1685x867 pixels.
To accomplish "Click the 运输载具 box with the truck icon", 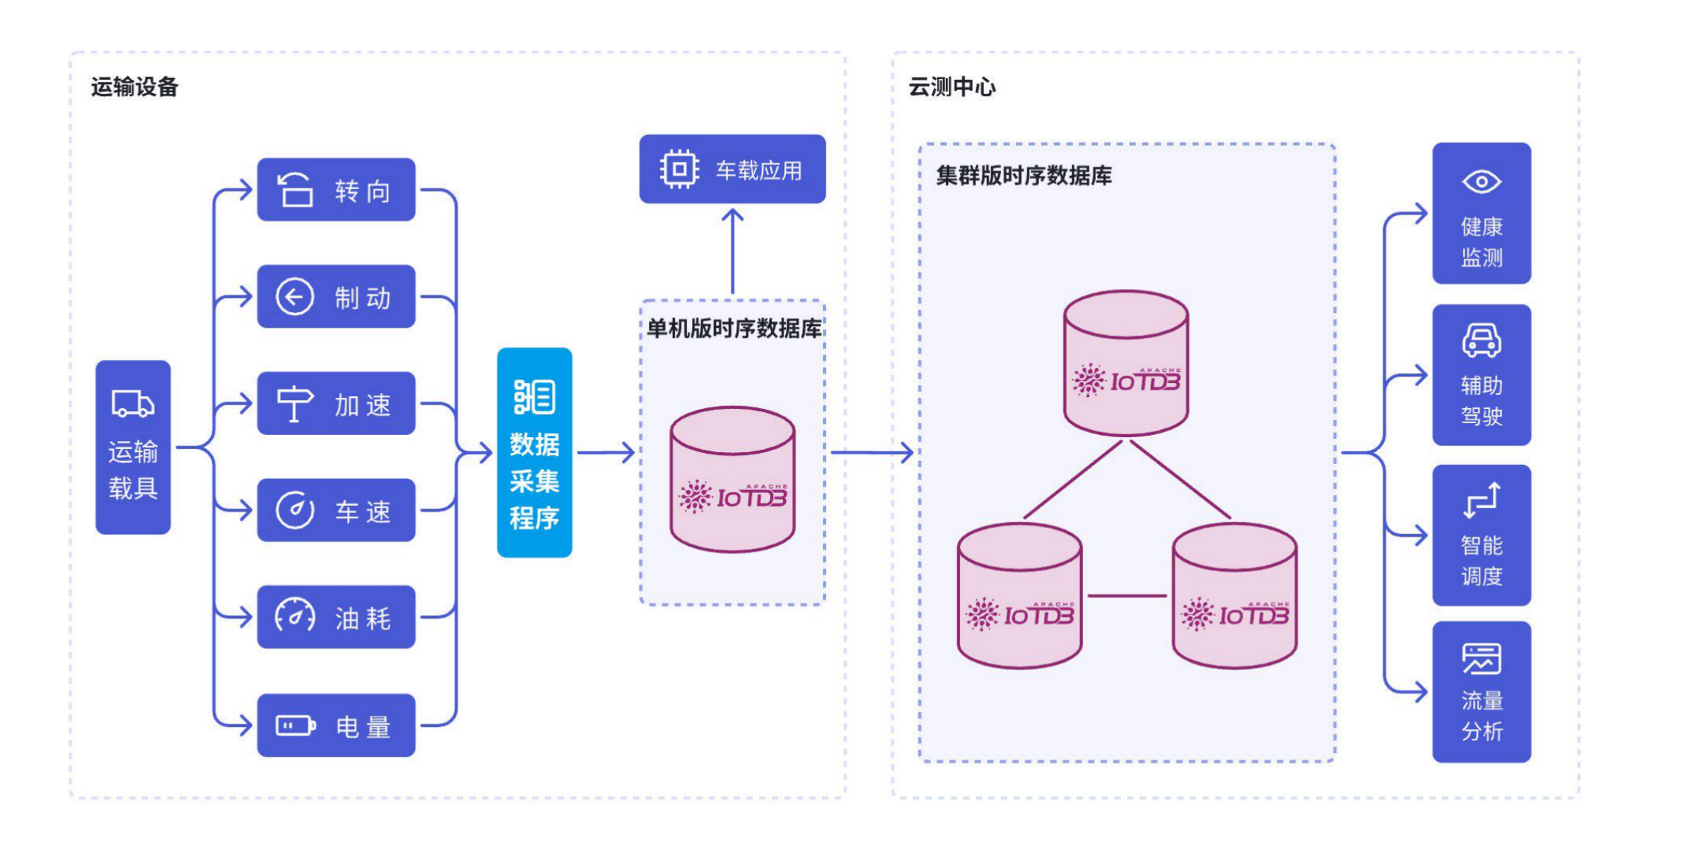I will click(133, 447).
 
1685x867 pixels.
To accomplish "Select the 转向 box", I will click(336, 190).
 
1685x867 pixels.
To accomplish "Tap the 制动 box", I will click(336, 296).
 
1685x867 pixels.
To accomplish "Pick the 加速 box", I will click(336, 404).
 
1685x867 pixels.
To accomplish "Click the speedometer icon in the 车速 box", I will click(295, 510).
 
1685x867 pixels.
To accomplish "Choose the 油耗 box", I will click(336, 617).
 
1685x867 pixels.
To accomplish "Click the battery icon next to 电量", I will click(295, 725).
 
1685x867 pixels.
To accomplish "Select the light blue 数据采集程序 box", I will click(534, 452).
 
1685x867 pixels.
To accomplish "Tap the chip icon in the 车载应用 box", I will click(679, 169).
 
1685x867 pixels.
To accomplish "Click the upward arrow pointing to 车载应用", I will click(732, 250).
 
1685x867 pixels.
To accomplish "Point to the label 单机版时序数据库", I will click(734, 328).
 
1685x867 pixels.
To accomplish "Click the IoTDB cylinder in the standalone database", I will click(732, 480).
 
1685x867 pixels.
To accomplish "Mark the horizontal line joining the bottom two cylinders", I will click(1126, 596).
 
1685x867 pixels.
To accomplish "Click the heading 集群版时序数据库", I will click(1024, 176).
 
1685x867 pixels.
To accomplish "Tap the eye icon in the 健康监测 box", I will click(1481, 182).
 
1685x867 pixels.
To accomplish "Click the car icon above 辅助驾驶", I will click(1481, 340).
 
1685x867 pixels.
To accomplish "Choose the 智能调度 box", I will click(1481, 535).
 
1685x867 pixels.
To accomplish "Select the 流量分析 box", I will click(1481, 692).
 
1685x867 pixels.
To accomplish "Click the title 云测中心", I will click(951, 87).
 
